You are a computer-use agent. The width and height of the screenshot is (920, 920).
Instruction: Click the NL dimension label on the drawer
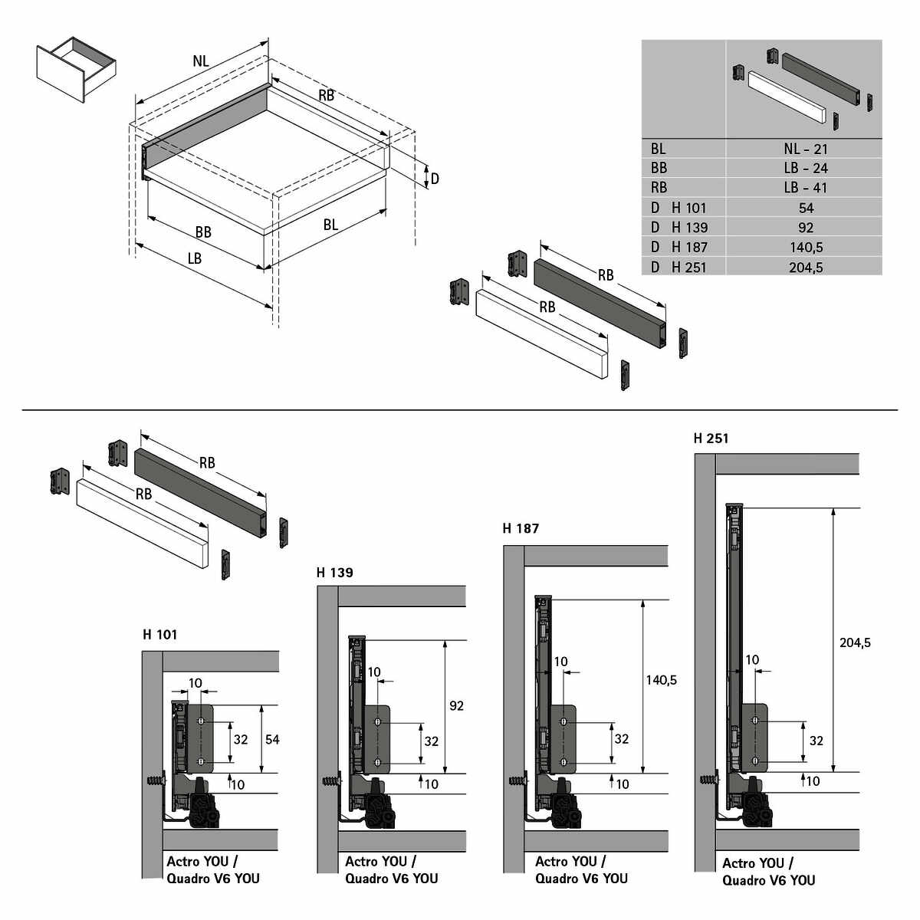200,62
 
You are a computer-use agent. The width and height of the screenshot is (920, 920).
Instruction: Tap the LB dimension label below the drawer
195,258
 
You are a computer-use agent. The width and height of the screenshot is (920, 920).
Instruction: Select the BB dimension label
203,232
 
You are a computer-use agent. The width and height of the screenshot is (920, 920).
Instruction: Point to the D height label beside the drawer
435,179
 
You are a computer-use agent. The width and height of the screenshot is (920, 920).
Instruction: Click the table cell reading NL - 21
805,149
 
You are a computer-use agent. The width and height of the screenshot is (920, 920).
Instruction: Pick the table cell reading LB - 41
805,188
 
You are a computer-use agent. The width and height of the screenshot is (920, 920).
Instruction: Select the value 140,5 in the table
805,247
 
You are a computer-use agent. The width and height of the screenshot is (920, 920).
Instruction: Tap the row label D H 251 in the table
679,267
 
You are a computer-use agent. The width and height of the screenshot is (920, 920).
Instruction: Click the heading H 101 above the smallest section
159,635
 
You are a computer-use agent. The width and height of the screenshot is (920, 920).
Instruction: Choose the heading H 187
521,528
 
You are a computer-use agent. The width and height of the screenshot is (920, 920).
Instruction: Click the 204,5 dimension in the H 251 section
855,642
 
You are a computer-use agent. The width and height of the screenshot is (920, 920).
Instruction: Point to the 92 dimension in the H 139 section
456,705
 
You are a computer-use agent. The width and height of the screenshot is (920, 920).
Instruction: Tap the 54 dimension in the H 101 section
272,740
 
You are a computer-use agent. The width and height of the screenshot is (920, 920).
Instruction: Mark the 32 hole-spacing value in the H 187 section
621,739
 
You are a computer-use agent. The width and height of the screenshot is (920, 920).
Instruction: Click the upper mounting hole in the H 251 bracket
755,721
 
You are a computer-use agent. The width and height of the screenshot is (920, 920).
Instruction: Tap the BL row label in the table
659,149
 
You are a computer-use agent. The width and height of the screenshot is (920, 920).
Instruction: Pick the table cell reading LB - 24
805,169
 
